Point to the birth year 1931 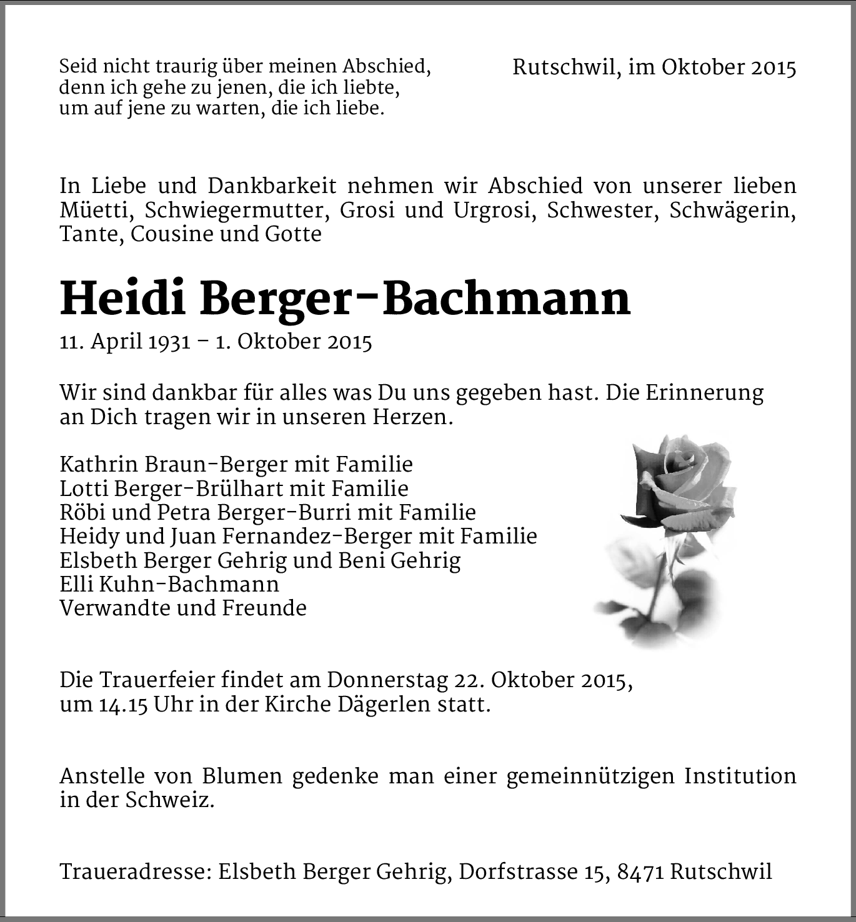(169, 342)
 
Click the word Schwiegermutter (237, 211)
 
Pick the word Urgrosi (494, 211)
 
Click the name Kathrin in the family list (99, 465)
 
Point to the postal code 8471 (640, 871)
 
